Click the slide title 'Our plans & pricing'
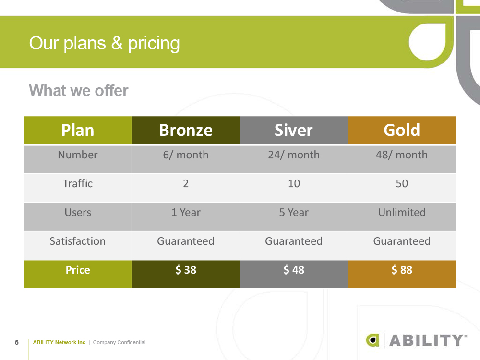pos(104,43)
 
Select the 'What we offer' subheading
pos(79,90)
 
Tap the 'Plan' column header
pos(78,130)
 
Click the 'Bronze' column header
pos(186,130)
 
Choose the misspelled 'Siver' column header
pos(293,130)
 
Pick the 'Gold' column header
pos(402,130)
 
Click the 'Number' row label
pos(78,155)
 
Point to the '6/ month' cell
pos(186,155)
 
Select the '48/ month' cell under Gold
pos(402,155)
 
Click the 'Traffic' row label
pos(78,184)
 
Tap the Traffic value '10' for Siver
pos(294,184)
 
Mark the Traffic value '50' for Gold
pos(402,184)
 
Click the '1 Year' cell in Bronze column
pos(186,213)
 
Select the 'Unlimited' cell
pos(402,213)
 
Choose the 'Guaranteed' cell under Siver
pos(294,241)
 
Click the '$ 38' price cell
pos(186,270)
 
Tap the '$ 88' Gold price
pos(402,270)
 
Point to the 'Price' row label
pos(78,270)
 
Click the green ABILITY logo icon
pos(373,340)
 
